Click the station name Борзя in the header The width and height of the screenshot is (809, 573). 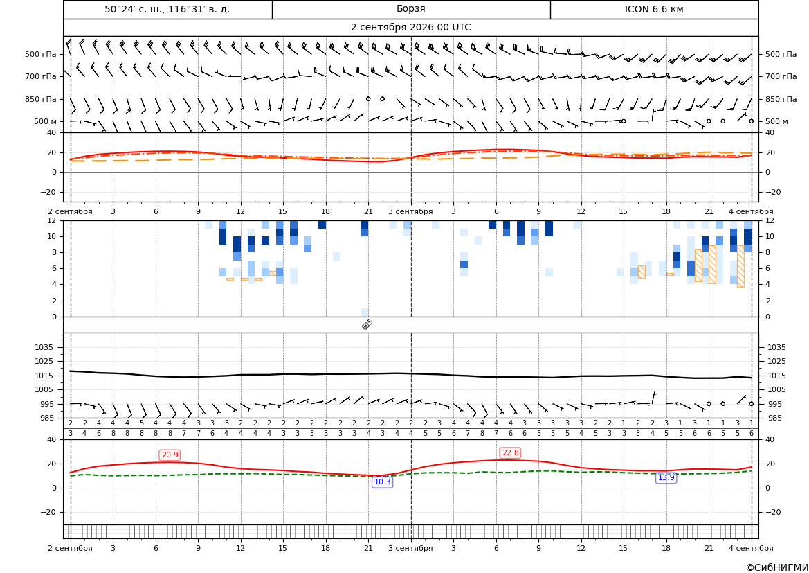coord(410,9)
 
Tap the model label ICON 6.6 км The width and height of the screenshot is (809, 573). coord(654,9)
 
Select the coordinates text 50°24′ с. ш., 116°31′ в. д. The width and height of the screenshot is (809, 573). coord(167,9)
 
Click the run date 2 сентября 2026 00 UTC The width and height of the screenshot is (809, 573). coord(410,28)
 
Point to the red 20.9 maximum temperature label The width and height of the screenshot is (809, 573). coord(170,455)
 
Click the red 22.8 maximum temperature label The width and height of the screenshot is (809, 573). coord(510,452)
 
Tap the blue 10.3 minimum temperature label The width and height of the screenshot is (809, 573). coord(382,482)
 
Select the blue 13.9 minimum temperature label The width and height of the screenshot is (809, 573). coord(666,477)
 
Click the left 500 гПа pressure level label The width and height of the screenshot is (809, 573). coord(41,54)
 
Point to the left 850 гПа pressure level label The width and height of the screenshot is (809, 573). coord(41,99)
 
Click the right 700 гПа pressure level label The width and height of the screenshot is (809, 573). coord(781,76)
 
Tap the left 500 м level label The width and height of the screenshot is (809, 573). coord(45,121)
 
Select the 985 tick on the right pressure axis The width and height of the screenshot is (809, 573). coord(774,418)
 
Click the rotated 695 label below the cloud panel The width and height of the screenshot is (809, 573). coord(367,324)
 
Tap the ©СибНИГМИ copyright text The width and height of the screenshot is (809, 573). coord(777,567)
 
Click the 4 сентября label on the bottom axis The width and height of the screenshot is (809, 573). coord(751,548)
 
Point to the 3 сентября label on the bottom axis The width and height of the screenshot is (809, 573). coord(410,548)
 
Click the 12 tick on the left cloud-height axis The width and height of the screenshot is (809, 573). coord(52,220)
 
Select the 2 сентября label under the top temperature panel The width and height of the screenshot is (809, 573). coord(70,211)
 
